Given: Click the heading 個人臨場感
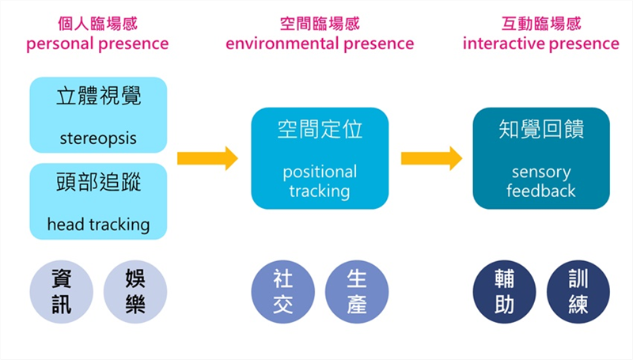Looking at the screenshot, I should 98,22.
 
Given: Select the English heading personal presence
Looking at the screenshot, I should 98,44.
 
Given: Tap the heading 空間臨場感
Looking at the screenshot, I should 320,22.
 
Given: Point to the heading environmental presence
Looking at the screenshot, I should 320,44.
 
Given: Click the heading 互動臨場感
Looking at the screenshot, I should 541,22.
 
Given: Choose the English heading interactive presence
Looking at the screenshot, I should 541,44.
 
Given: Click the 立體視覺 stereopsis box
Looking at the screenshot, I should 98,114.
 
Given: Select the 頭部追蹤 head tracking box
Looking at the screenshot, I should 98,201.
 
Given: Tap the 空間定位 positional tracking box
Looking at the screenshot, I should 320,157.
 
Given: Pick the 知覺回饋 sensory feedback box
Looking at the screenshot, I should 541,157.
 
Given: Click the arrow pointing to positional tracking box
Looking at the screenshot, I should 207,157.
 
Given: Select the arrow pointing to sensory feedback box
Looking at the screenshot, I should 431,157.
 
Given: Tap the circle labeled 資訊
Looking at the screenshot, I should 62,291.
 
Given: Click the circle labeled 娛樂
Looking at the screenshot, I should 135,291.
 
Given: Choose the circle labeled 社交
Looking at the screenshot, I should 283,291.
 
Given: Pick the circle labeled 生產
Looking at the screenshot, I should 357,291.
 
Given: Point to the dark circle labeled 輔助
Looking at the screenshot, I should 505,291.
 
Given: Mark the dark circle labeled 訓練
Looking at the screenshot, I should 578,291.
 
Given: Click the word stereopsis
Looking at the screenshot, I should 98,138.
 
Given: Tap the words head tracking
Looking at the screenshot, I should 98,225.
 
